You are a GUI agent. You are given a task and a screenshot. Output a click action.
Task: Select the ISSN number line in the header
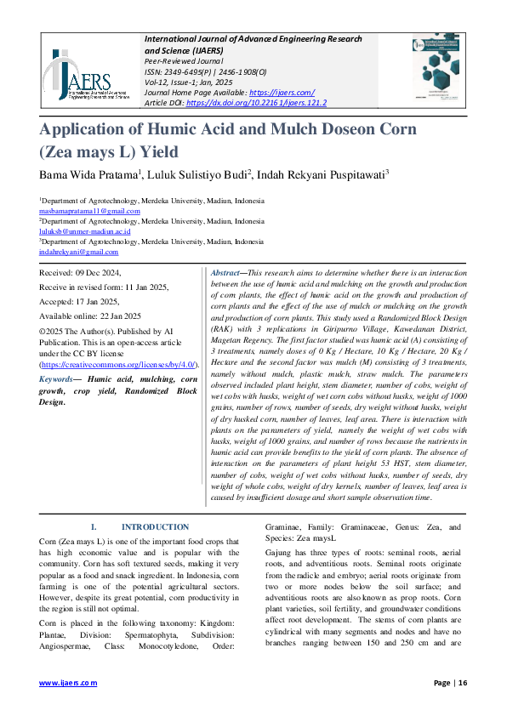coord(205,71)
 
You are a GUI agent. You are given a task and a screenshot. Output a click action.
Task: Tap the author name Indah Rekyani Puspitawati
coord(322,174)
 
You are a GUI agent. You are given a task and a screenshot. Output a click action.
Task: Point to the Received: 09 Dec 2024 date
coord(81,273)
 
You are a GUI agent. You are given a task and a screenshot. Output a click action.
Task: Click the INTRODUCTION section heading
coord(155,527)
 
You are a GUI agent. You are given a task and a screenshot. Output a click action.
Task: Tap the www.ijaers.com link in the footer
coord(69,683)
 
